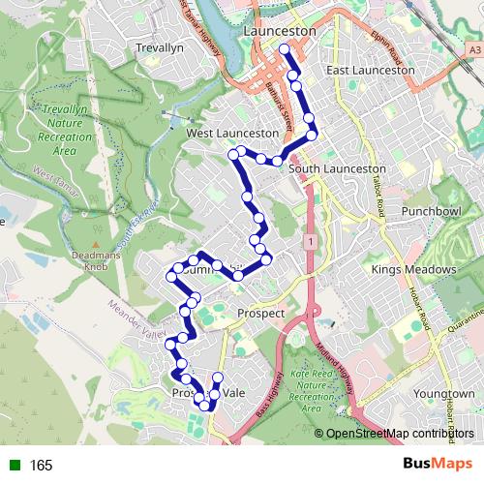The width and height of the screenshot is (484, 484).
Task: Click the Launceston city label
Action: coord(281,31)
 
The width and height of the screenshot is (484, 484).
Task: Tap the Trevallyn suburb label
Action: coord(160,46)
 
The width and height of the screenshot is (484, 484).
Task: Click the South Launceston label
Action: coord(337,168)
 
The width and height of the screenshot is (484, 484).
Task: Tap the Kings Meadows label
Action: coord(412,268)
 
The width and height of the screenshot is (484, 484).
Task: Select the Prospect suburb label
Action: coord(260,314)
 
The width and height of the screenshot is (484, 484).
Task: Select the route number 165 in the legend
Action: coord(41,466)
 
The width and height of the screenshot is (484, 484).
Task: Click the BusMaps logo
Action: coord(432,465)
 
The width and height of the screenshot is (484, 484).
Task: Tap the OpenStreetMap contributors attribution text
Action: coord(401,434)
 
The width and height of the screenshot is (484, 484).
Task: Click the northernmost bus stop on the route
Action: coord(284,49)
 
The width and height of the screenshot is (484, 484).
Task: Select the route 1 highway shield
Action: coord(309,239)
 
